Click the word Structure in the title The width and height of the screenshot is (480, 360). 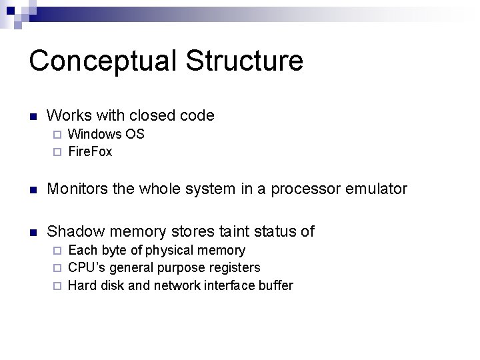(x=245, y=60)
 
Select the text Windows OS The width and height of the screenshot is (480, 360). (x=106, y=134)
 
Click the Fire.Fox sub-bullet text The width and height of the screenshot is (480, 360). (x=90, y=151)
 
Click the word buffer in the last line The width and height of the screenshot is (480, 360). (x=275, y=285)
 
